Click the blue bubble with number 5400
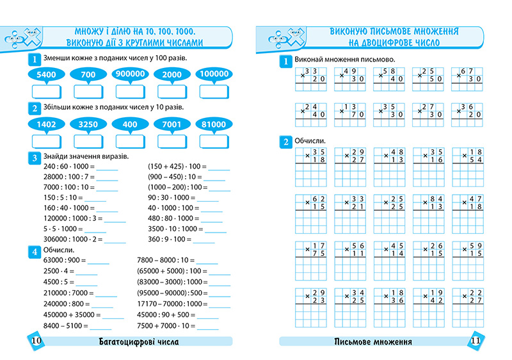point(47,74)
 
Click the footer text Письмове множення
point(373,341)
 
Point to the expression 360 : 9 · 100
point(169,239)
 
